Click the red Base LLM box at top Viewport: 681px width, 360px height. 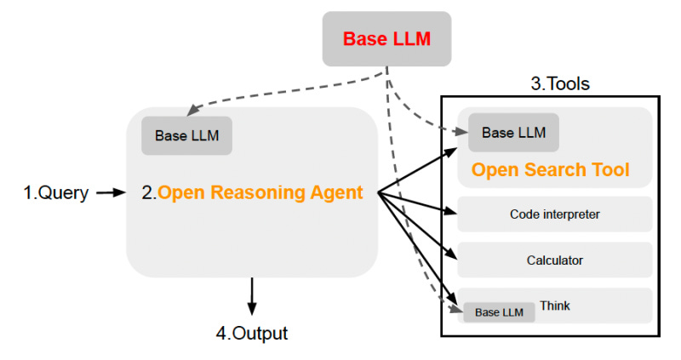pos(387,39)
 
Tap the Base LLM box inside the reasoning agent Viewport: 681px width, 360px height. pos(186,136)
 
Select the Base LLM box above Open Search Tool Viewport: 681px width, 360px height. pos(513,133)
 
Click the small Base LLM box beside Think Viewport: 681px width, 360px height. pos(499,312)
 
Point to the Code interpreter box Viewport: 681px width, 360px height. pos(554,214)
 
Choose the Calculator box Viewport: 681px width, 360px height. pos(554,260)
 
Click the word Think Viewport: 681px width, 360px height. pos(555,306)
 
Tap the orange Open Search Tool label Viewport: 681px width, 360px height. pos(551,170)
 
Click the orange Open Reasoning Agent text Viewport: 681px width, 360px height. pos(260,193)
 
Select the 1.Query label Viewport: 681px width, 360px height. pos(55,193)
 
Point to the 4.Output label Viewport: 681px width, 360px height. pos(251,333)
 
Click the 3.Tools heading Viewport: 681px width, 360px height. pos(560,84)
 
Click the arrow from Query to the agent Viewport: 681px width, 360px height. pos(111,193)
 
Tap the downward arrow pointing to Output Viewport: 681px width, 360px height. pos(251,298)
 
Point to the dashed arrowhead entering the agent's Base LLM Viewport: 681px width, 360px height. pos(192,112)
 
